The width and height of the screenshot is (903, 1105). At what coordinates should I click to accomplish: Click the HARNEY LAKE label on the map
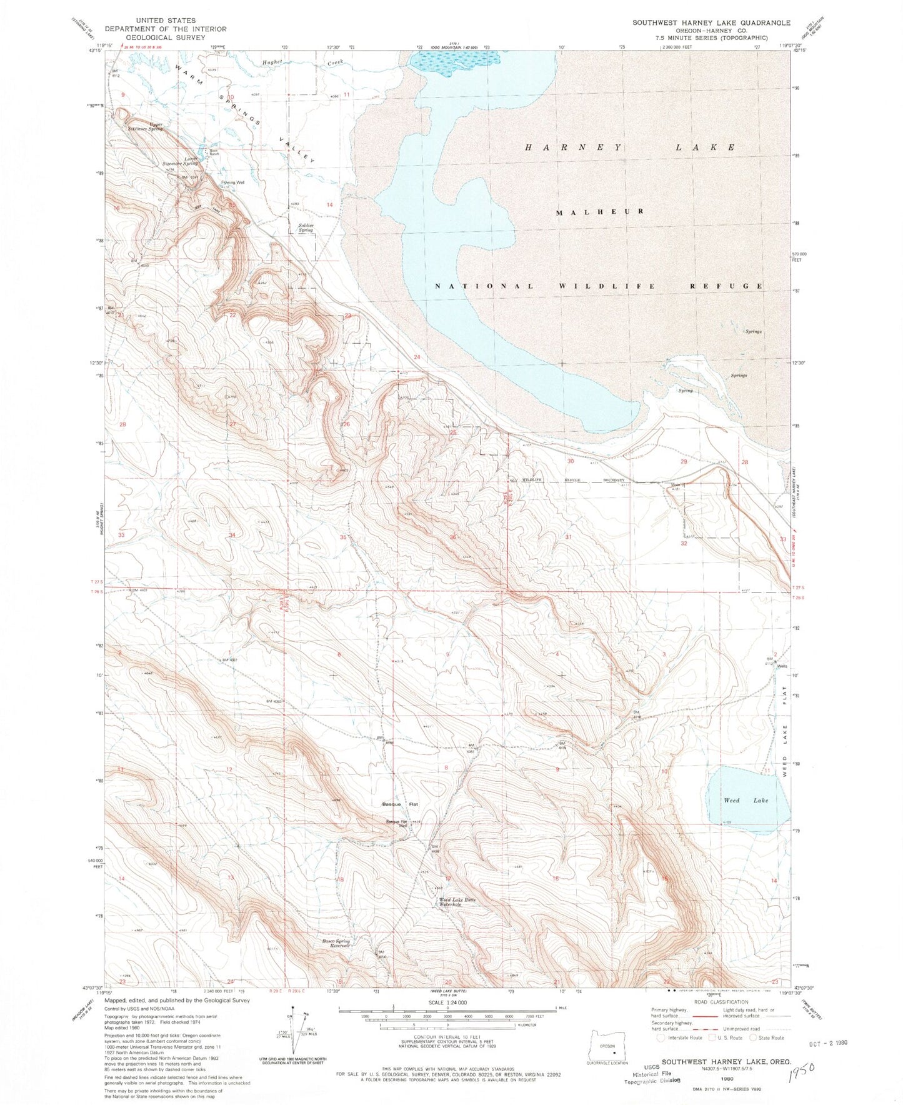(x=630, y=147)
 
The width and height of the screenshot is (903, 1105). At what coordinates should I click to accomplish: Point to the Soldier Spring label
(x=306, y=227)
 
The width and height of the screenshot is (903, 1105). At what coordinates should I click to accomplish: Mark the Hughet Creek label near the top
(x=303, y=62)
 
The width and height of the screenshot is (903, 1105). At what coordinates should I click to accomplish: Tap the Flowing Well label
(x=232, y=183)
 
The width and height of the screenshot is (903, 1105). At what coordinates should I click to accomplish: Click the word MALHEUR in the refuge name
(x=600, y=211)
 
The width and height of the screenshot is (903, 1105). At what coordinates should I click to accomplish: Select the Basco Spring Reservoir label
(x=338, y=943)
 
